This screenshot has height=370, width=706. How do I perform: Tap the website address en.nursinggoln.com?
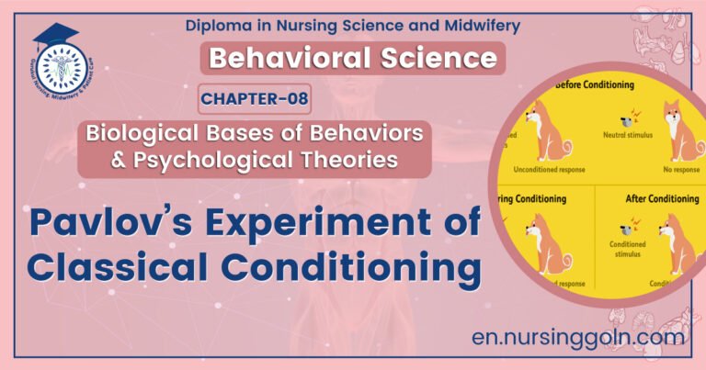point(576,336)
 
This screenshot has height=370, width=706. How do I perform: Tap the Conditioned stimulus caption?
point(628,250)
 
